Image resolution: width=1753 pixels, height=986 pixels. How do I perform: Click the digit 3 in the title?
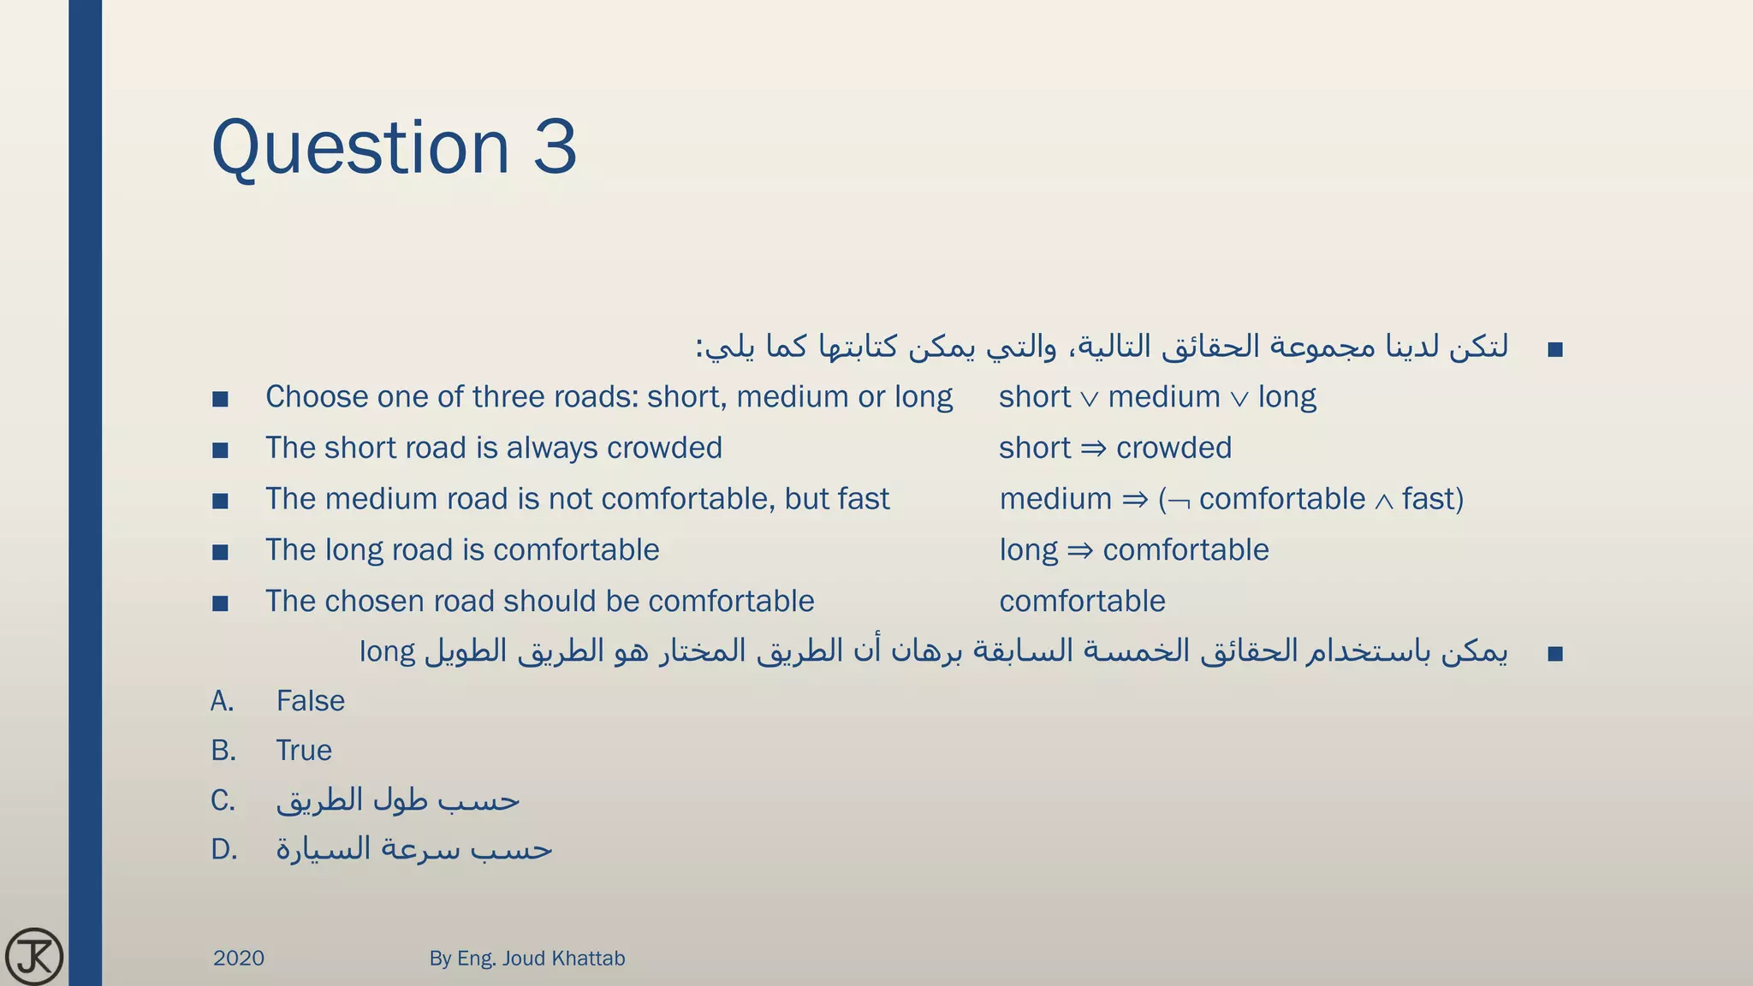[x=555, y=147]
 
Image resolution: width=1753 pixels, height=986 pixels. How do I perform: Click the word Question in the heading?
[x=360, y=147]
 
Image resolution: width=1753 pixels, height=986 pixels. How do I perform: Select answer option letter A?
[x=223, y=701]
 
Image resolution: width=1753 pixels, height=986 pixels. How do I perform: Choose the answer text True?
[x=304, y=751]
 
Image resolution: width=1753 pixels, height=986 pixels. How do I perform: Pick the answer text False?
[x=310, y=701]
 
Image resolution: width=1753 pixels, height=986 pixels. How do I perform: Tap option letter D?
[x=223, y=850]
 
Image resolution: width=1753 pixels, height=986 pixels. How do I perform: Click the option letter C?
[x=223, y=801]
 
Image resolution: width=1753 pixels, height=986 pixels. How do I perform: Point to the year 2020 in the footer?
[x=238, y=958]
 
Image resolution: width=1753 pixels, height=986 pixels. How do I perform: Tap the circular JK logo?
[x=33, y=956]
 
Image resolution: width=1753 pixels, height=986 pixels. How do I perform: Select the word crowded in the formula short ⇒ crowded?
[x=1174, y=448]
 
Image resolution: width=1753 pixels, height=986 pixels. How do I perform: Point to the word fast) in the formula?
[x=1432, y=499]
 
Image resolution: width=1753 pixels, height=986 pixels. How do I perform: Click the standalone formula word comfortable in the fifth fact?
[x=1082, y=601]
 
